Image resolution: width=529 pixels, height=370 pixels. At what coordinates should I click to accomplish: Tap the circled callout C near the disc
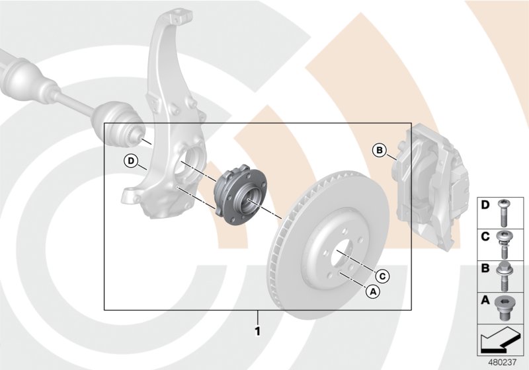[x=382, y=275]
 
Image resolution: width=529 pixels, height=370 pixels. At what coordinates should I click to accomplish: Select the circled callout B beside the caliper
[x=379, y=150]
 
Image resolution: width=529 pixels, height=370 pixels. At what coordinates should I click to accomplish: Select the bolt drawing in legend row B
[x=507, y=274]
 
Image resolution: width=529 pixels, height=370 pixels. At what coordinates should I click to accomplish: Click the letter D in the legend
[x=485, y=205]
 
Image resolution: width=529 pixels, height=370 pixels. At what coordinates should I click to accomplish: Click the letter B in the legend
[x=485, y=269]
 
